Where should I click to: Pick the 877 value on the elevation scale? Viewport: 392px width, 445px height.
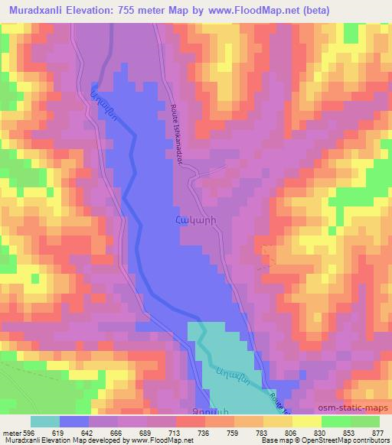coord(377,432)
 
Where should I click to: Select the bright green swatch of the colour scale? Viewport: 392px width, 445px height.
coord(336,421)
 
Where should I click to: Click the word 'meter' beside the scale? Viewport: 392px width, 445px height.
coord(10,432)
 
